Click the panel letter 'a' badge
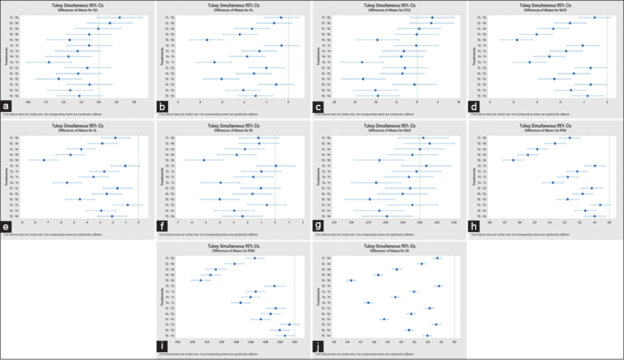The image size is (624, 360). (6, 105)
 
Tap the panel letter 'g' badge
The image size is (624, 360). (318, 226)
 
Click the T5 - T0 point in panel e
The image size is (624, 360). (44, 160)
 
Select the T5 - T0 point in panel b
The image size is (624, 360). (207, 40)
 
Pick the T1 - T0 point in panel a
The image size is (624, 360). (120, 18)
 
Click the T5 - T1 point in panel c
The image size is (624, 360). (362, 62)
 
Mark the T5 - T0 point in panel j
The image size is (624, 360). (351, 281)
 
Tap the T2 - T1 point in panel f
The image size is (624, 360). (276, 166)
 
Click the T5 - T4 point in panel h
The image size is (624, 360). (594, 216)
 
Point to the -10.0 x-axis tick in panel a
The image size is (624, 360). (28, 102)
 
